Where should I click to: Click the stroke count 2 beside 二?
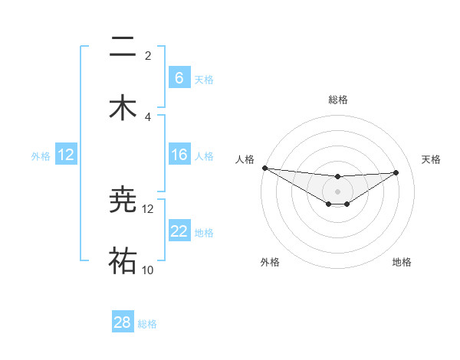tap(148, 56)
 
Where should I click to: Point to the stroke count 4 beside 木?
tap(148, 116)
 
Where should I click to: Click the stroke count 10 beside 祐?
tap(148, 270)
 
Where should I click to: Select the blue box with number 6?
tap(179, 78)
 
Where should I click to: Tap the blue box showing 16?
tap(179, 155)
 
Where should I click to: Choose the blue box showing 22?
tap(179, 231)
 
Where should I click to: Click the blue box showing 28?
tap(123, 322)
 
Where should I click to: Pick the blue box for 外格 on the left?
tap(66, 155)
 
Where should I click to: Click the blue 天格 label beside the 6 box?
tap(204, 79)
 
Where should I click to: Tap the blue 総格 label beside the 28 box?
tap(147, 323)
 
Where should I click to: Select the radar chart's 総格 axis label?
tap(337, 100)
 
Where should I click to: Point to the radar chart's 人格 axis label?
tap(245, 159)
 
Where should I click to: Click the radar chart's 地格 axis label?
tap(402, 262)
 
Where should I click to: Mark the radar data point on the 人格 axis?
tap(264, 168)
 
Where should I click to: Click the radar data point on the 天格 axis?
tap(396, 172)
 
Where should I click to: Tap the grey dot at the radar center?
tap(337, 191)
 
